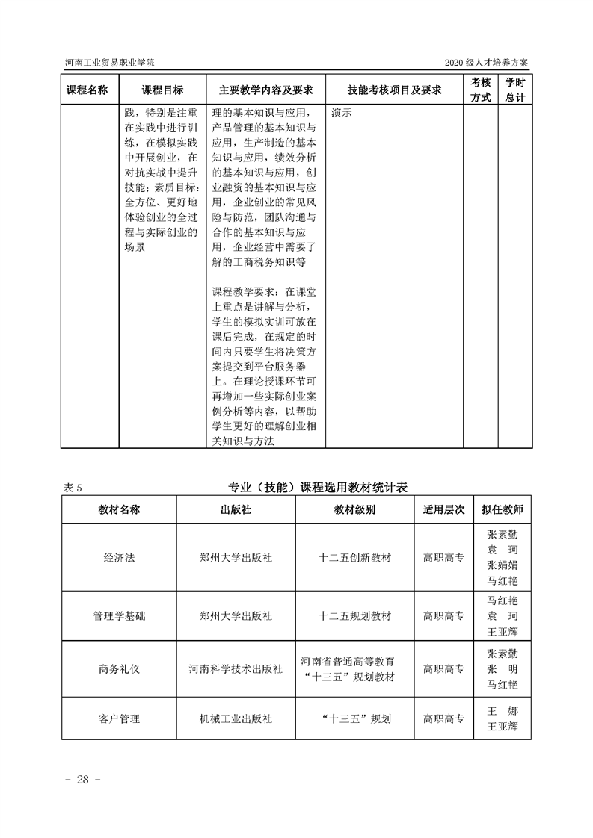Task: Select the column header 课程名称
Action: click(x=87, y=90)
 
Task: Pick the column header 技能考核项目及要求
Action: click(x=394, y=90)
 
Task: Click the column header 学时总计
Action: click(x=514, y=90)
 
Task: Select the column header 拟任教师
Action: click(x=503, y=509)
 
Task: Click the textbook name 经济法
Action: click(x=119, y=558)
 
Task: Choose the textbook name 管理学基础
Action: click(x=119, y=617)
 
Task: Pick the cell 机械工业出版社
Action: click(x=236, y=719)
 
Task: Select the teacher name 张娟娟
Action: click(x=503, y=565)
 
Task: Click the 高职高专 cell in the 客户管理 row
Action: click(x=443, y=719)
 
